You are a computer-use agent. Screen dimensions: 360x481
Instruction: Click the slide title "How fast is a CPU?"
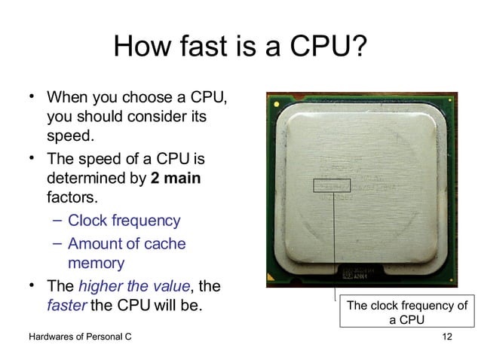[x=240, y=50]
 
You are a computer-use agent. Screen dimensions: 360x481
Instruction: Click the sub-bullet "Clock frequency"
[x=124, y=221]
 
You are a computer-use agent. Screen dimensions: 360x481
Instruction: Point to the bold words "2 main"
[x=176, y=179]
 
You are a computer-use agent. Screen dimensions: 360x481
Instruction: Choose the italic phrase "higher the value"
[x=134, y=286]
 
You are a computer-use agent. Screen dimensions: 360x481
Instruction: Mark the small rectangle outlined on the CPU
[x=332, y=185]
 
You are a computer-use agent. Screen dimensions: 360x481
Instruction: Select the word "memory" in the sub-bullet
[x=96, y=264]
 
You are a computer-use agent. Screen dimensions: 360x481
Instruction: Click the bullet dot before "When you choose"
[x=32, y=96]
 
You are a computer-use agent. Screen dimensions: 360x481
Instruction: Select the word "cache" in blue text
[x=165, y=244]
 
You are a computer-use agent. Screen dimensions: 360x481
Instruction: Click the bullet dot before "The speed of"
[x=32, y=158]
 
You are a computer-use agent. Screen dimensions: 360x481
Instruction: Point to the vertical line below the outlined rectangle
[x=332, y=241]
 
